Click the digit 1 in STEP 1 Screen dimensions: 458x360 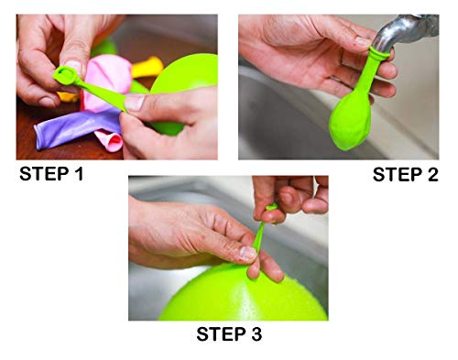click(79, 174)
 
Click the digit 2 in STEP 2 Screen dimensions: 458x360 click(432, 175)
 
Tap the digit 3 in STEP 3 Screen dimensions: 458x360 click(256, 333)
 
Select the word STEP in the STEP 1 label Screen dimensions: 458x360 click(44, 174)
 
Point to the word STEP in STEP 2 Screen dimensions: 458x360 click(398, 175)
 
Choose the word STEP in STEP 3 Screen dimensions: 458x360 click(222, 333)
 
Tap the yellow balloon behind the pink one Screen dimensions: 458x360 click(147, 67)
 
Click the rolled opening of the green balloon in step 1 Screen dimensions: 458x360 click(65, 75)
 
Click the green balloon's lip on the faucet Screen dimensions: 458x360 click(379, 52)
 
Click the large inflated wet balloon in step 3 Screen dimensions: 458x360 click(241, 295)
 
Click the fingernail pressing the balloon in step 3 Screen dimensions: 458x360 click(248, 253)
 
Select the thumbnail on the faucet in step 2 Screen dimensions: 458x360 click(364, 41)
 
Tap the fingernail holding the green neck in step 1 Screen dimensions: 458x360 click(135, 103)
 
